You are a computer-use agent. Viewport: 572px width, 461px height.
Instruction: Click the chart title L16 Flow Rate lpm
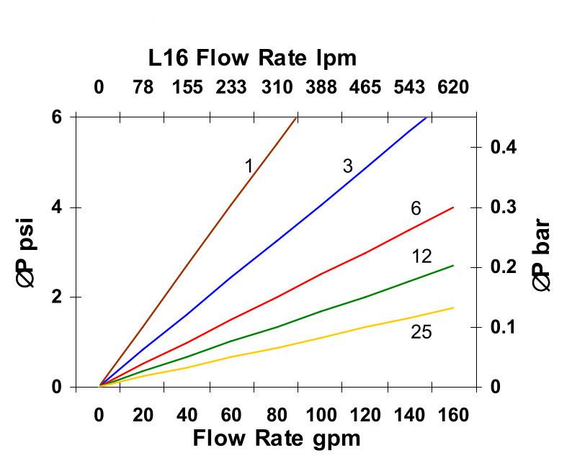pyautogui.click(x=252, y=58)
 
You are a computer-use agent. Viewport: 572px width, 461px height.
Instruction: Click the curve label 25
pyautogui.click(x=421, y=332)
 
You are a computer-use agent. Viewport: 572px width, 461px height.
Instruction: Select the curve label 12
pyautogui.click(x=422, y=257)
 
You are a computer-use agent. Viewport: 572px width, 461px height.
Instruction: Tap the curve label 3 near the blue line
pyautogui.click(x=347, y=166)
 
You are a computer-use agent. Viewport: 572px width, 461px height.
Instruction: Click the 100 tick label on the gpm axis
pyautogui.click(x=321, y=416)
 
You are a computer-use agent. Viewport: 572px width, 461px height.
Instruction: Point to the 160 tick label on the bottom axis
pyautogui.click(x=453, y=416)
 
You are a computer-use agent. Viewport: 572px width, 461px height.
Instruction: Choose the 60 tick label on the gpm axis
pyautogui.click(x=231, y=416)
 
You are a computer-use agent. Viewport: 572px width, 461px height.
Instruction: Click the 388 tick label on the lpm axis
pyautogui.click(x=321, y=88)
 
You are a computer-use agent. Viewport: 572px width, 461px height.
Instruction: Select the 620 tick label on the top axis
pyautogui.click(x=453, y=88)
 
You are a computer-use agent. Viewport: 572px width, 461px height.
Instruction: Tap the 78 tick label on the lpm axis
pyautogui.click(x=143, y=88)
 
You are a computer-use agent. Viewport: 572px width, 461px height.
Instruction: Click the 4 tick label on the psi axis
pyautogui.click(x=55, y=207)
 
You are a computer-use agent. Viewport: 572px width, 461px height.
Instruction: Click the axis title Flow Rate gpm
pyautogui.click(x=276, y=437)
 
